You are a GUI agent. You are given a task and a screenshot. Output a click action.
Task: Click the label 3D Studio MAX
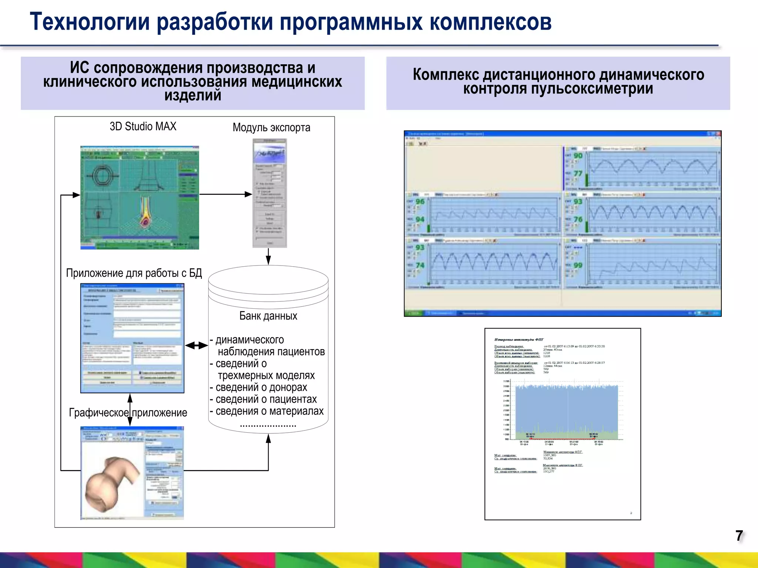pos(143,126)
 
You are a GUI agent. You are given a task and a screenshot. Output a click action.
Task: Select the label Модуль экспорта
pos(271,128)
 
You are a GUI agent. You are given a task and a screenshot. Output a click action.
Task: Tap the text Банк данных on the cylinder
pos(268,316)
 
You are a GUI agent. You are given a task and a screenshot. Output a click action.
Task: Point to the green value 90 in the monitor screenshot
pos(578,156)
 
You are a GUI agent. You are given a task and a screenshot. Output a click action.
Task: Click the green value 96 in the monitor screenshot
pos(420,202)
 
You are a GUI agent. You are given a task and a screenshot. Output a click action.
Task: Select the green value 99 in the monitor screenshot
pos(578,266)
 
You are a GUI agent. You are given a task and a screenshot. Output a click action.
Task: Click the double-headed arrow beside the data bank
pos(196,346)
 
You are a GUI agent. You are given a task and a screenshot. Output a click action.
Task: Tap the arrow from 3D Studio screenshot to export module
pos(225,194)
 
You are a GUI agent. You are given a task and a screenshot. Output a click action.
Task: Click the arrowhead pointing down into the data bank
pos(268,260)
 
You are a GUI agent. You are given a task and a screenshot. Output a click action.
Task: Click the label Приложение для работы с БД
pos(134,273)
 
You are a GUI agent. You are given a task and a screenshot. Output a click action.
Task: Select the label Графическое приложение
pos(128,413)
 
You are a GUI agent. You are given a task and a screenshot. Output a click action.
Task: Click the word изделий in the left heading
pos(192,95)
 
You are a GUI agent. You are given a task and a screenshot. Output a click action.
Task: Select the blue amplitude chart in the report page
pos(566,410)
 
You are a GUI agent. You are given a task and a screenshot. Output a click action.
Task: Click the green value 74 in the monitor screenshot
pos(420,266)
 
